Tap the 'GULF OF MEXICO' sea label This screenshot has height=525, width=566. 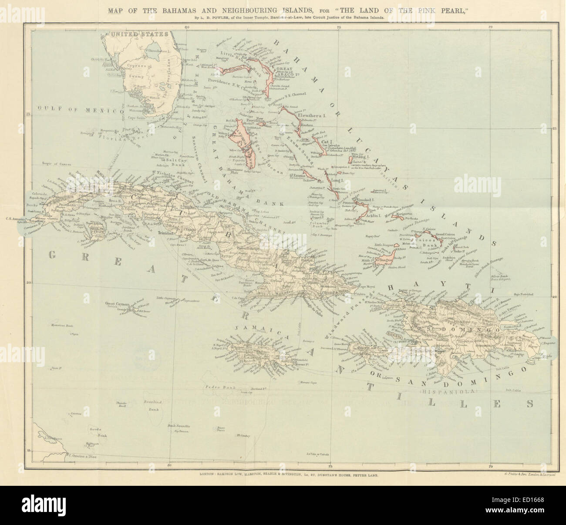pyautogui.click(x=78, y=111)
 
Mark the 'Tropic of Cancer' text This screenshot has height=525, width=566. pyautogui.click(x=57, y=164)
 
